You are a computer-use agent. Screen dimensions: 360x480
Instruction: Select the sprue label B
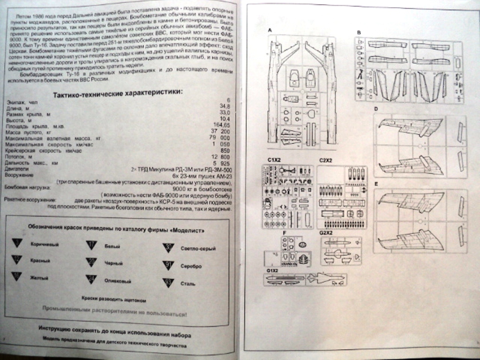[x=359, y=33]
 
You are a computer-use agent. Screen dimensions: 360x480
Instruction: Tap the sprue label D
[x=376, y=109]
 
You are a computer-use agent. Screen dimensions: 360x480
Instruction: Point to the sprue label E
[x=376, y=184]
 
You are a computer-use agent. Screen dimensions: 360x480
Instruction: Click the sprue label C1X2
[x=274, y=160]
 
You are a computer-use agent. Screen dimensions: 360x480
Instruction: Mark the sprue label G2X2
[x=326, y=232]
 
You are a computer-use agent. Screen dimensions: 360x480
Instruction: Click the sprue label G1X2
[x=272, y=270]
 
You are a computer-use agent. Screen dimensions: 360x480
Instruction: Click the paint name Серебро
[x=191, y=266]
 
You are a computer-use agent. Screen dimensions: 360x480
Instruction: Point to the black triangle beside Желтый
[x=17, y=277]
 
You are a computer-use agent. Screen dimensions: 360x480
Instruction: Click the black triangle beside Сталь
[x=168, y=283]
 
